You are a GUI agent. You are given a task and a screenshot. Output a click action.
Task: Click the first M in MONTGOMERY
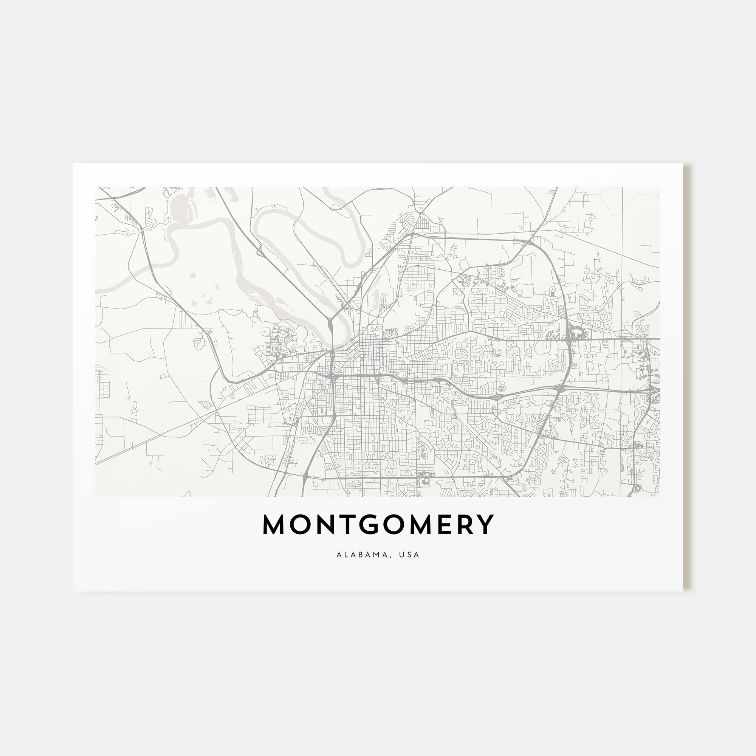[x=273, y=525]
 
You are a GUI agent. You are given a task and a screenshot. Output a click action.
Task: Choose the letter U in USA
[x=401, y=555]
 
